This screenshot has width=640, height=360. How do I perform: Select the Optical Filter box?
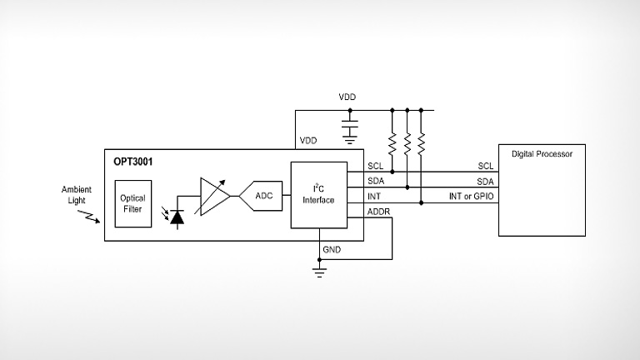point(132,203)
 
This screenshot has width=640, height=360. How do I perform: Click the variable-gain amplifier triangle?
point(213,197)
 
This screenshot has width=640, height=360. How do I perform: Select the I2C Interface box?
point(318,195)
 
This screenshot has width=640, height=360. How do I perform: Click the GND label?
point(332,250)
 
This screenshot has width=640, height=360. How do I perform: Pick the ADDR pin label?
point(377,212)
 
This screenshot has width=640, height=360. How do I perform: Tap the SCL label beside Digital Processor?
point(485,166)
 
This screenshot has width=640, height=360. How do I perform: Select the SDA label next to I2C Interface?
point(375,182)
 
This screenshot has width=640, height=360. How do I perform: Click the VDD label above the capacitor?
point(347,97)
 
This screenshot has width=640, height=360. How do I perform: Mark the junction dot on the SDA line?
point(407,187)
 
